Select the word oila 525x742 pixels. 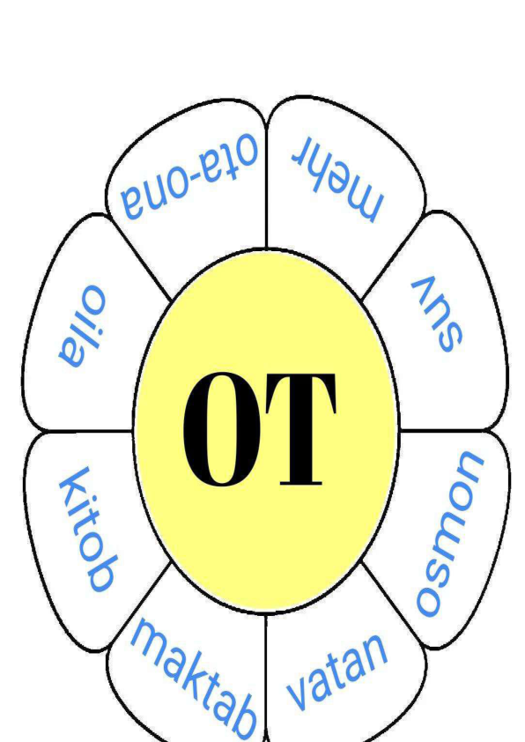tap(82, 326)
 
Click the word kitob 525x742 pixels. tap(87, 529)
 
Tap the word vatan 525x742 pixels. tap(337, 672)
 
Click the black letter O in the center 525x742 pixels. tap(221, 429)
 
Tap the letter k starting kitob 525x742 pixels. tap(73, 483)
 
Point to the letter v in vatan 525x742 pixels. tap(299, 693)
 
